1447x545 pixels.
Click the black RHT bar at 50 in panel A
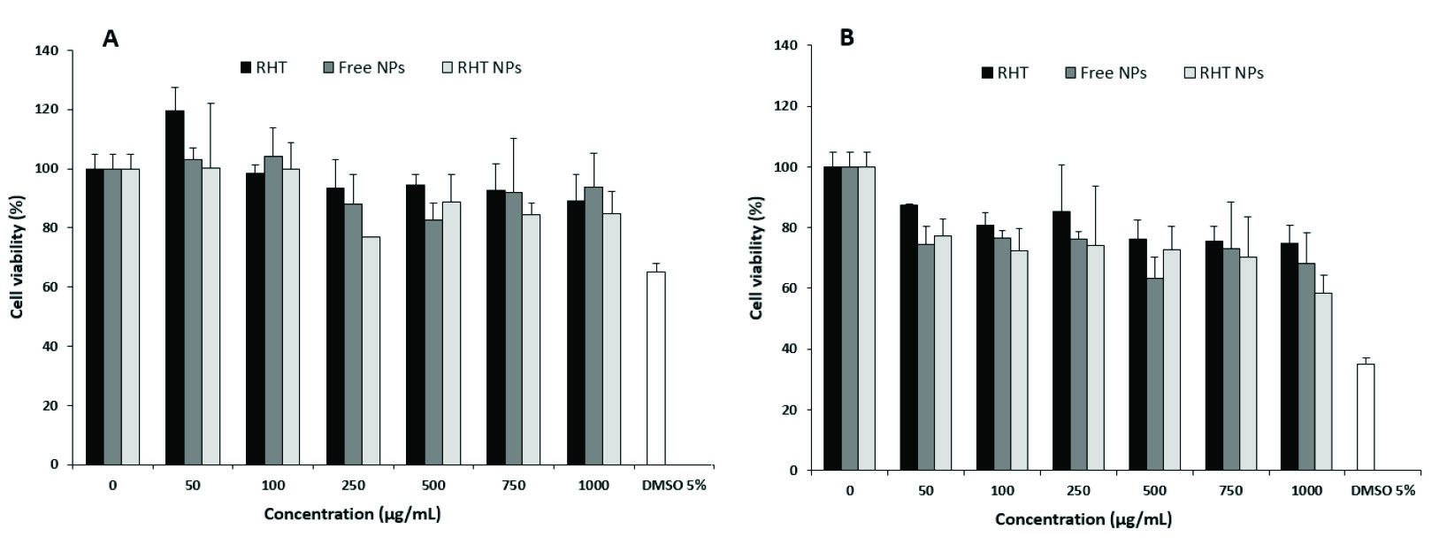click(x=175, y=288)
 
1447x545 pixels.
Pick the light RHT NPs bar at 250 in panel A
click(x=371, y=350)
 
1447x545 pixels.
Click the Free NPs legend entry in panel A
click(x=364, y=67)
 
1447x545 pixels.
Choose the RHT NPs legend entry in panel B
click(x=1223, y=73)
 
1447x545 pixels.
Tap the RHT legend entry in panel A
click(x=263, y=67)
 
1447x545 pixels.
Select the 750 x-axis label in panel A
click(x=513, y=486)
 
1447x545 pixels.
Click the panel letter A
click(x=111, y=38)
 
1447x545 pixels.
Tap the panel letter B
click(x=846, y=38)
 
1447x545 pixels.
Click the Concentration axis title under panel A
click(x=352, y=514)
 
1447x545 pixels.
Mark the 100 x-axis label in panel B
click(x=1001, y=490)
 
